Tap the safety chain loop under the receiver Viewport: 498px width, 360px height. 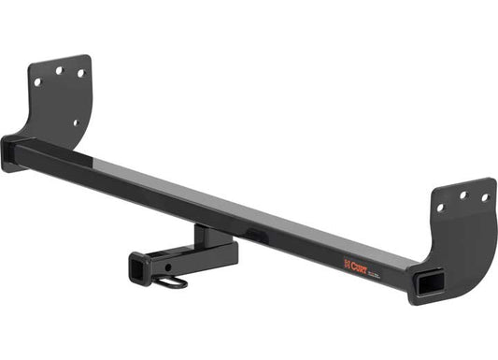[177, 281]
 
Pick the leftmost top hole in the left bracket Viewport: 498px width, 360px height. [38, 81]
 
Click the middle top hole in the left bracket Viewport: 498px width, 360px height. [59, 69]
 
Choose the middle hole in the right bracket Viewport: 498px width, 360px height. [462, 194]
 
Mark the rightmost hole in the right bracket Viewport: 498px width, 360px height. [485, 197]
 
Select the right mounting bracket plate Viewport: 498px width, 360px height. [462, 234]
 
